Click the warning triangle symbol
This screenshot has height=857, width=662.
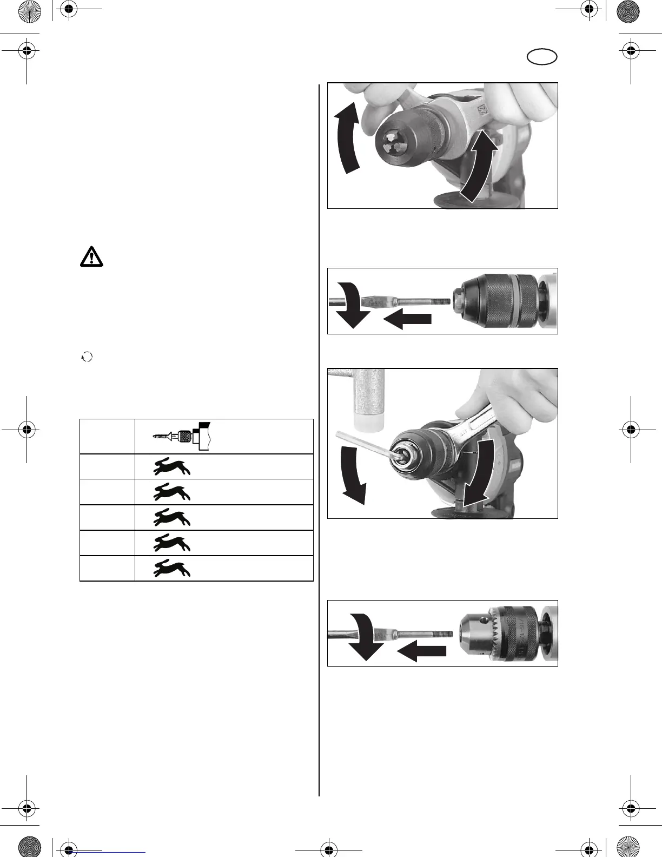point(92,256)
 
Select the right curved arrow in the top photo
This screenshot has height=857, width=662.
point(477,168)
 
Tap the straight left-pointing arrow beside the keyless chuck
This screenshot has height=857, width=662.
point(407,319)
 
